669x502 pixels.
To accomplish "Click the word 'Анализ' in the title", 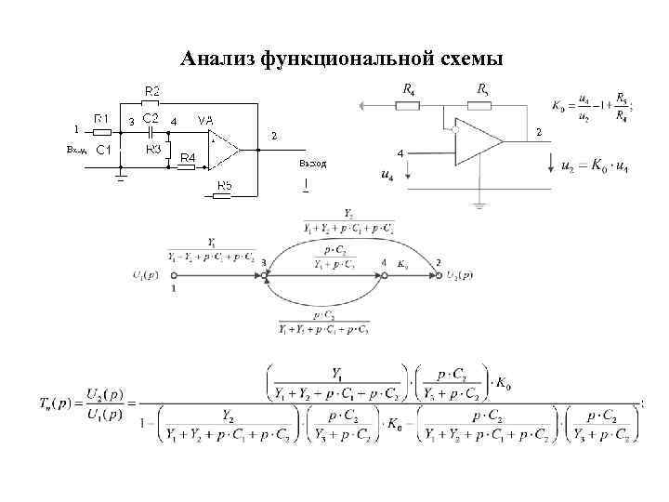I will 219,59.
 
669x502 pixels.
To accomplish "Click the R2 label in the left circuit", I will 151,90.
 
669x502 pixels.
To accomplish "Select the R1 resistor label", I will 103,119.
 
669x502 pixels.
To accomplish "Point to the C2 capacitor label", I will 150,119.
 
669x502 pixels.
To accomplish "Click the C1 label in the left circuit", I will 103,149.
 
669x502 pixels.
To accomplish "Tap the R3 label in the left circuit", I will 153,149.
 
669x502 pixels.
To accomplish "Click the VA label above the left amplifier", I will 205,120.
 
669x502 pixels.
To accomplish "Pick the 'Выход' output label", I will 313,164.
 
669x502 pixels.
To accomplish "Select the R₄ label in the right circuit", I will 409,89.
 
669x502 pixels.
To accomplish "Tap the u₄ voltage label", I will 387,174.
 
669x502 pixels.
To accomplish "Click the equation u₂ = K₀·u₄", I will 582,167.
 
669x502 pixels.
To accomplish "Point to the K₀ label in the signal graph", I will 402,264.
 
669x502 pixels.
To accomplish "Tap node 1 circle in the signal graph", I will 174,276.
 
